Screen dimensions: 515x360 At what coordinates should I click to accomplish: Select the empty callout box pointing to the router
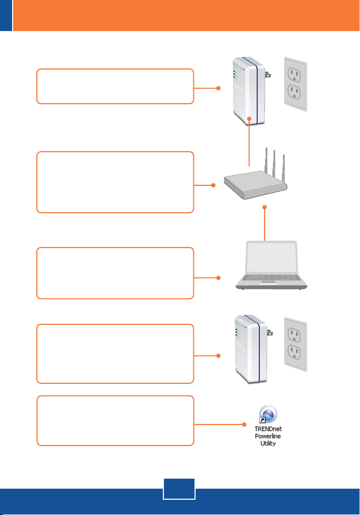pos(115,182)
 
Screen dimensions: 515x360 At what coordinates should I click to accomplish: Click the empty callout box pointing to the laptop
pos(115,273)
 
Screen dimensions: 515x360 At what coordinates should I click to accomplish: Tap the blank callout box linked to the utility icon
pos(115,420)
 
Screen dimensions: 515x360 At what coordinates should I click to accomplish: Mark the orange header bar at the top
pos(184,15)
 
